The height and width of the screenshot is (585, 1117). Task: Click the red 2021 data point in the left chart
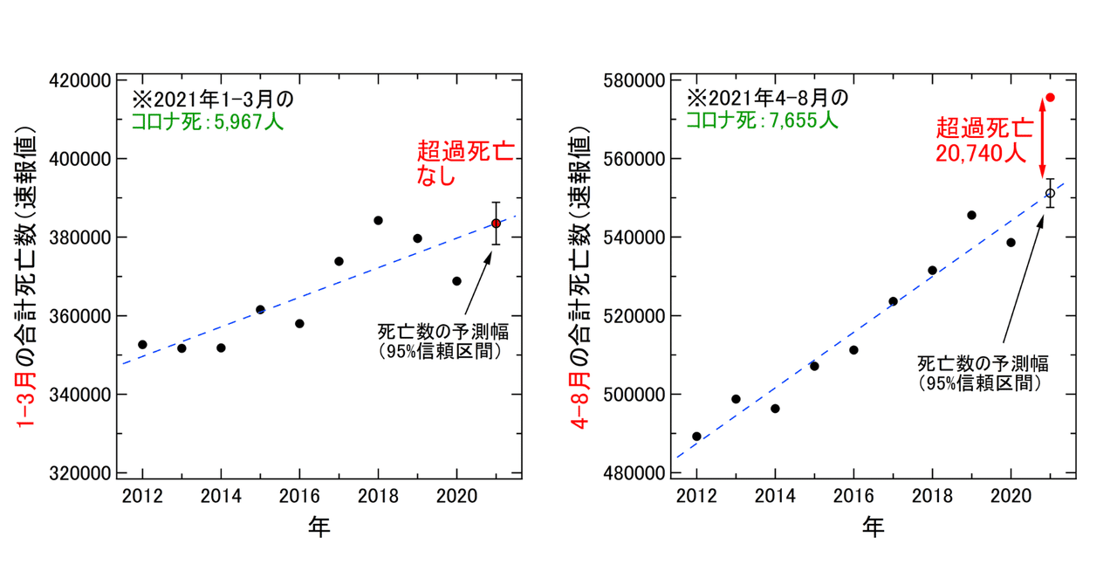tap(496, 223)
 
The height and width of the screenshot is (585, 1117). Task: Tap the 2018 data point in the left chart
tap(378, 220)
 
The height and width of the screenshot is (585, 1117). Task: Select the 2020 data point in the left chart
tap(456, 281)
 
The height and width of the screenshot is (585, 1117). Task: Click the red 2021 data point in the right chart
tap(1050, 97)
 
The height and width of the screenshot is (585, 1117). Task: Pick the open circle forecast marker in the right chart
tap(1050, 193)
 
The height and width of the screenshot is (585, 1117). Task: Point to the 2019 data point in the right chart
tap(971, 215)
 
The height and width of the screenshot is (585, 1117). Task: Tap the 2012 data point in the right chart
tap(696, 437)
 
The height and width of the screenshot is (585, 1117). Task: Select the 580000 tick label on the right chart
tap(632, 80)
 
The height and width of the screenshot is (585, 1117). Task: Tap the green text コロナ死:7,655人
tap(762, 121)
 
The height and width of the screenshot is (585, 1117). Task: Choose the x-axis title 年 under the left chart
tap(319, 526)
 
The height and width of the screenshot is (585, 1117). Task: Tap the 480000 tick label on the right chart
tap(632, 472)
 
